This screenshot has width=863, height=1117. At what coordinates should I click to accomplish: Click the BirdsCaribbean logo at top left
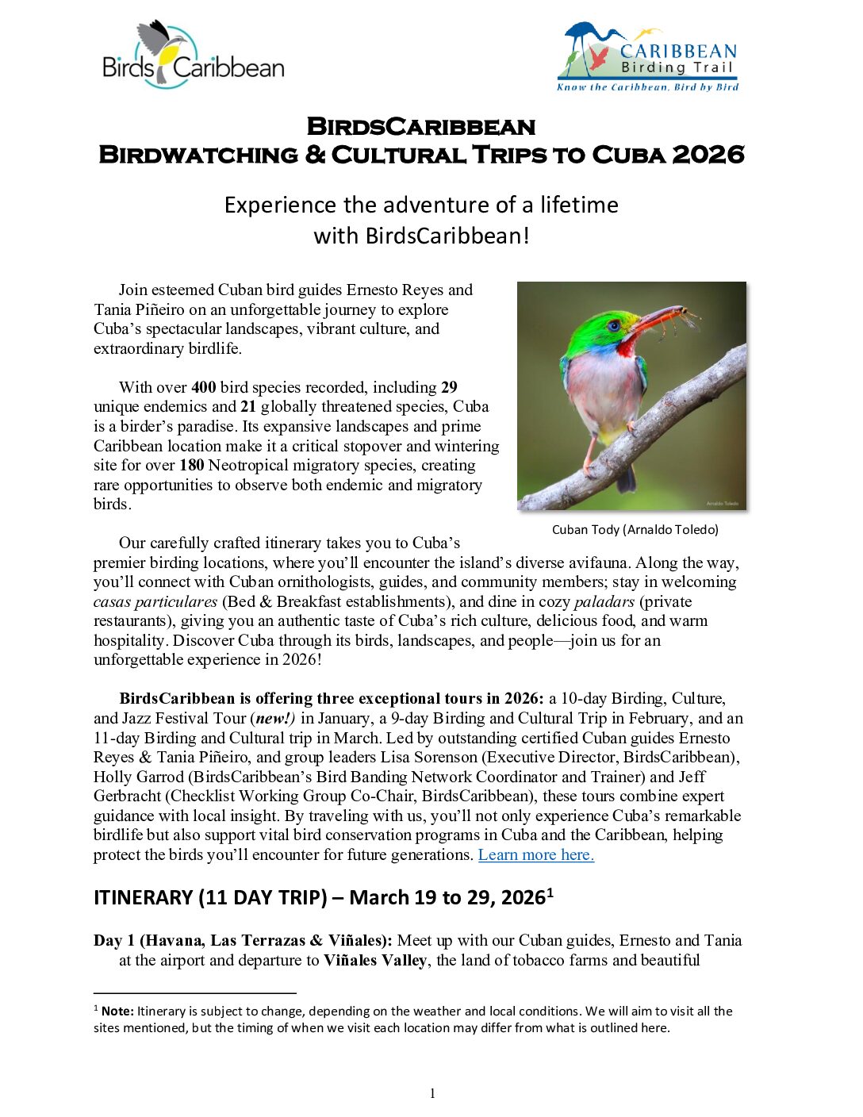click(x=193, y=55)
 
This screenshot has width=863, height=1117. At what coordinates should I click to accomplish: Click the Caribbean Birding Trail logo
click(x=648, y=56)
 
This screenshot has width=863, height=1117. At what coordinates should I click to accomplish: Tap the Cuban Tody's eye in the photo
click(x=612, y=324)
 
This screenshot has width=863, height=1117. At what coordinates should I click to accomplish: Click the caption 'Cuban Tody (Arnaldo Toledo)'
click(x=635, y=529)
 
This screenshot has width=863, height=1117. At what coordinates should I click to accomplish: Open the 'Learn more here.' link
click(x=535, y=854)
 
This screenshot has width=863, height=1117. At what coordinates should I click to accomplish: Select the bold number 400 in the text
click(x=203, y=387)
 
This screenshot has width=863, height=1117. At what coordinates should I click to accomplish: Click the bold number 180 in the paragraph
click(x=191, y=465)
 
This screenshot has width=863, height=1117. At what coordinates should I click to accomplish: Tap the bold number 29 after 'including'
click(x=449, y=387)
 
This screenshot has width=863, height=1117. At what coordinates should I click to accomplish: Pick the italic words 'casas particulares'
click(x=155, y=601)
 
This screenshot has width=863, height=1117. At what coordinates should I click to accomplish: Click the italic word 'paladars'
click(x=604, y=601)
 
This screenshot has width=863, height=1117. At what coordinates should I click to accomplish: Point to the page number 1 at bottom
click(x=432, y=1093)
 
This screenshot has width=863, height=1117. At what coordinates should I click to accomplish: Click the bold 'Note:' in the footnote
click(x=117, y=1011)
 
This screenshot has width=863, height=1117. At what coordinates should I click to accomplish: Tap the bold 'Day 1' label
click(x=114, y=940)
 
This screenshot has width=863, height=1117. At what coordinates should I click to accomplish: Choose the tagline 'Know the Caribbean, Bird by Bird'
click(x=647, y=87)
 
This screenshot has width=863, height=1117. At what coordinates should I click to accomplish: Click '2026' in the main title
click(x=708, y=154)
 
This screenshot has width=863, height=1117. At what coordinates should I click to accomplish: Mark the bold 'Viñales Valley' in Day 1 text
click(x=374, y=960)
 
